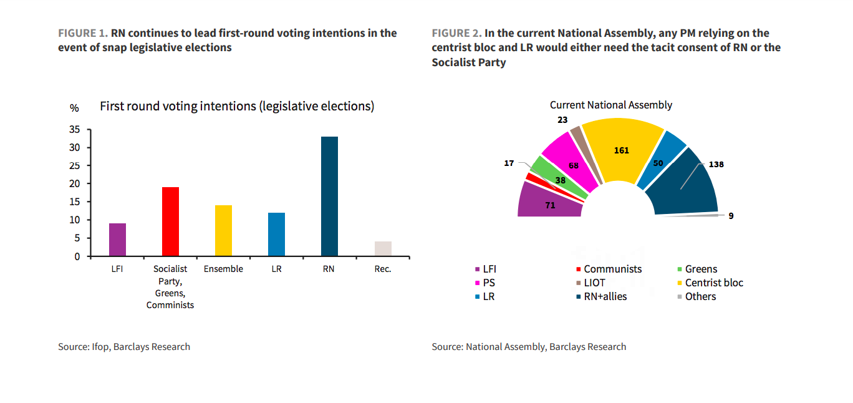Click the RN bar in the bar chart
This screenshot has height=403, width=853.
point(329,197)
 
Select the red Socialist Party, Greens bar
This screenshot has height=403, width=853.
point(170,221)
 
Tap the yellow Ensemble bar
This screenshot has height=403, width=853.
point(223,231)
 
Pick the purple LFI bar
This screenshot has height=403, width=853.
point(117,240)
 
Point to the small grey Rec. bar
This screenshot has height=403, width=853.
point(383,249)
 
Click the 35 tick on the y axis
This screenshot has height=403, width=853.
point(74,130)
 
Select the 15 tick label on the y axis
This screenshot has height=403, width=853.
point(74,202)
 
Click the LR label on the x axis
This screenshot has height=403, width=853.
point(276,269)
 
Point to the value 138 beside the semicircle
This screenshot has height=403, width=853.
point(716,165)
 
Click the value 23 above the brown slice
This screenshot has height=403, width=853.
point(562,120)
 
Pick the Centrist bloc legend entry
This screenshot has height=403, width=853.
point(714,283)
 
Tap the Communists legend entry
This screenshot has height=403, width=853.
point(612,269)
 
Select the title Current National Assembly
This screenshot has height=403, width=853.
point(610,105)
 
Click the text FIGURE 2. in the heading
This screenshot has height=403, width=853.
point(456,33)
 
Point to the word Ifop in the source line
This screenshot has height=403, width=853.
point(101,347)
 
